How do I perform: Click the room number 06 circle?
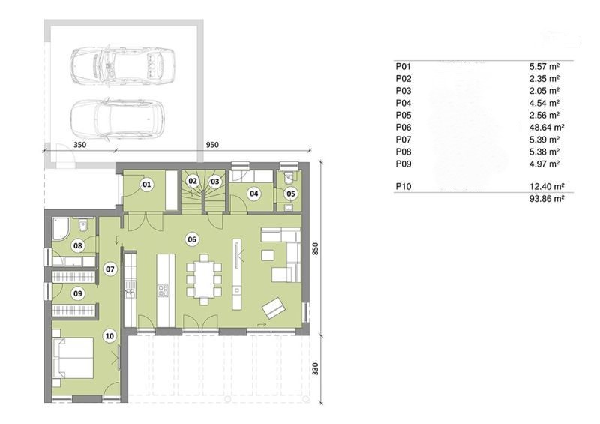(192, 240)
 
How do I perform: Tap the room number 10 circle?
(109, 336)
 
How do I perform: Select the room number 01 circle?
(146, 185)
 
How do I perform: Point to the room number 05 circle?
(291, 194)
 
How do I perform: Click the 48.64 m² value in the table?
(547, 127)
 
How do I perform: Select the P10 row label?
(403, 187)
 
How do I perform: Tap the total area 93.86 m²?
(547, 198)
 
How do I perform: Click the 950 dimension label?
(212, 145)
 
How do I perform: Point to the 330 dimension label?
(315, 369)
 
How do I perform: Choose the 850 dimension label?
(315, 249)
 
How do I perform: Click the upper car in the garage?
(122, 65)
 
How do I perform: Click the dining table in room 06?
(204, 279)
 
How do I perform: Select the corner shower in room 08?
(61, 229)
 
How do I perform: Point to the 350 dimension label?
(79, 145)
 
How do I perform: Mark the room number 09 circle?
(78, 293)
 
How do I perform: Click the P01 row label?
(403, 66)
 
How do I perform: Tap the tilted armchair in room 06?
(274, 307)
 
